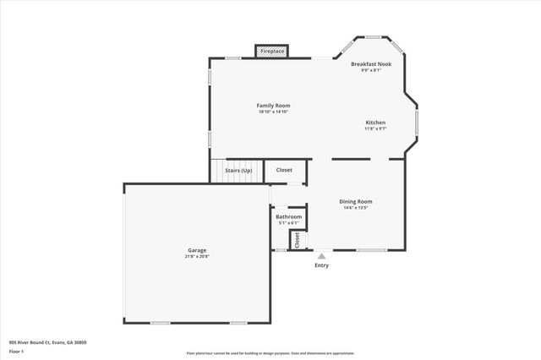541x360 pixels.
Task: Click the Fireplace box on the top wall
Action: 272,52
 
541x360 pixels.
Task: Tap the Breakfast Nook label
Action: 371,64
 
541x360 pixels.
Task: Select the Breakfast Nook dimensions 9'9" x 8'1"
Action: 371,70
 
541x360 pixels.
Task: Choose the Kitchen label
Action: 375,122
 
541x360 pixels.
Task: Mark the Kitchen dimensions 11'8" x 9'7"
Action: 375,128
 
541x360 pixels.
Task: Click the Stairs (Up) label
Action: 238,171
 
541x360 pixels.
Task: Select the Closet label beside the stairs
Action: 284,170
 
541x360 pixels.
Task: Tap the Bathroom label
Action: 288,217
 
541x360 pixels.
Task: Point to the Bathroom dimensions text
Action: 288,223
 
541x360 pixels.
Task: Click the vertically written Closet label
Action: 298,240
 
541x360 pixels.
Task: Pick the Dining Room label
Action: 356,201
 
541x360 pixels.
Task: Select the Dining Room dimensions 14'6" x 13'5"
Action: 356,208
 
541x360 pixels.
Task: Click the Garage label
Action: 197,250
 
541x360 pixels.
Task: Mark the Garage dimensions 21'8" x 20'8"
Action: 197,256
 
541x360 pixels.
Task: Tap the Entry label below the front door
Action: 321,265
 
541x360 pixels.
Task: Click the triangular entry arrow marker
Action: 321,255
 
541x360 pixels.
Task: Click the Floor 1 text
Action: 16,351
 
